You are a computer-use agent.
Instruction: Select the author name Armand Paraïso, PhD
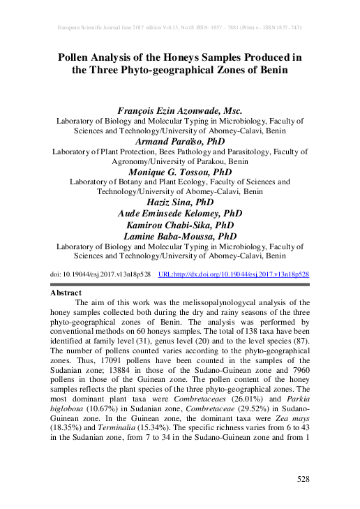[180, 140]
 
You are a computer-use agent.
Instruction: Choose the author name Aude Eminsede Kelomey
[180, 213]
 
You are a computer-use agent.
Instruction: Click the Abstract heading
[66, 293]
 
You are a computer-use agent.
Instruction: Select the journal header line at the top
[180, 27]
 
